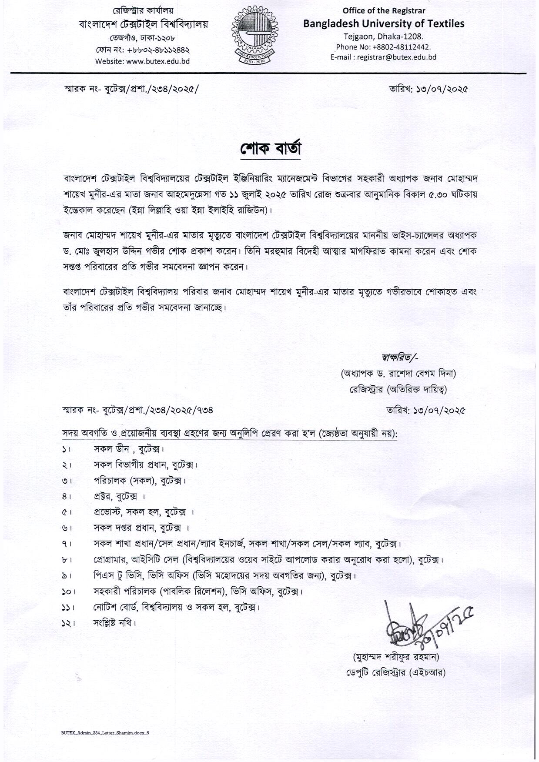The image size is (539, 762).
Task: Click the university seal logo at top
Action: click(x=254, y=36)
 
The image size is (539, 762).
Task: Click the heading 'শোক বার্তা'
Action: click(x=270, y=148)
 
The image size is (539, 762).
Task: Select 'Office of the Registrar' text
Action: click(x=384, y=10)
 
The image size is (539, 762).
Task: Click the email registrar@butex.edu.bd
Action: click(x=383, y=57)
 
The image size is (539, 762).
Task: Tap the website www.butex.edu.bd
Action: click(x=142, y=61)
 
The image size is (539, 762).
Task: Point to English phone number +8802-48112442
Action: click(x=383, y=47)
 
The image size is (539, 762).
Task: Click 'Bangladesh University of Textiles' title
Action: click(x=384, y=23)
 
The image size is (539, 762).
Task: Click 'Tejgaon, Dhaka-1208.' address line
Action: click(x=383, y=37)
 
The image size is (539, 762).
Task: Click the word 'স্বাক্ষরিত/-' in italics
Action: click(x=400, y=357)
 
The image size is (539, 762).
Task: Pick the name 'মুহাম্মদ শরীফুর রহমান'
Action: click(x=396, y=656)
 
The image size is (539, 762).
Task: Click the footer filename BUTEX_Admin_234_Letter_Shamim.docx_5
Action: click(x=105, y=732)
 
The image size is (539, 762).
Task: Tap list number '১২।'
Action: click(x=68, y=623)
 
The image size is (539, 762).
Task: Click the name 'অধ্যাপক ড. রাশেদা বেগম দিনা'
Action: click(x=398, y=373)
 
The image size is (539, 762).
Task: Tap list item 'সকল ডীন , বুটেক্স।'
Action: click(x=129, y=449)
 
